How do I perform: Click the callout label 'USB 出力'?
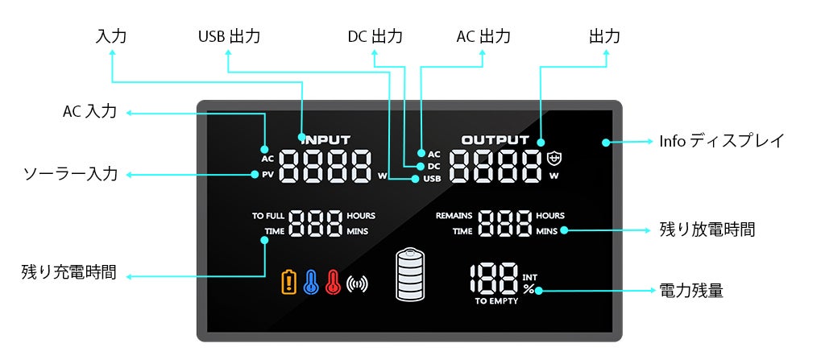tap(229, 37)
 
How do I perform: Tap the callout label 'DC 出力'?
tap(375, 37)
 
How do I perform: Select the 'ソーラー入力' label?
tap(70, 174)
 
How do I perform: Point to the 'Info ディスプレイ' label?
tap(721, 141)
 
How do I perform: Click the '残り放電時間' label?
tap(707, 230)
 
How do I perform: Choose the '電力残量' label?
tap(690, 290)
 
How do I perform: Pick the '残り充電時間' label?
tap(68, 273)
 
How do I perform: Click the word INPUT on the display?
tap(325, 139)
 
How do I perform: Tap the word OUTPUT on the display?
tap(495, 139)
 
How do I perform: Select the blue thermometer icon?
tap(311, 282)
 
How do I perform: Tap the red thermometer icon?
tap(333, 282)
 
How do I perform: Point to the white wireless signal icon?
tap(356, 283)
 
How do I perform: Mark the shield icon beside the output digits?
tap(553, 158)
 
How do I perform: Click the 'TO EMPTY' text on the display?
tap(496, 302)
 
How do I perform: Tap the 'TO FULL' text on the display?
tap(268, 216)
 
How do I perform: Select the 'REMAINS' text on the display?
tap(454, 216)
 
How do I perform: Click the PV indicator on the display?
tap(267, 174)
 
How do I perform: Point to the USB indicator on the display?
tap(432, 178)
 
